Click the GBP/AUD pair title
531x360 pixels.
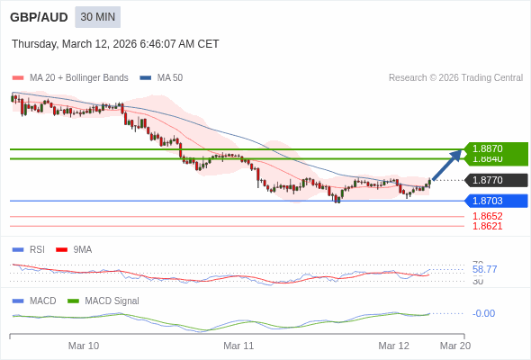[37, 17]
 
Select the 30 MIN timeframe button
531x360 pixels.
[97, 17]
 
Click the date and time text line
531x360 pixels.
[115, 44]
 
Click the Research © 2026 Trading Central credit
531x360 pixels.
[455, 78]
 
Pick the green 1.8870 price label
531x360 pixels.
[495, 148]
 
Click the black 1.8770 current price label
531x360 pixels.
[495, 180]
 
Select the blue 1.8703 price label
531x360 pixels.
[495, 201]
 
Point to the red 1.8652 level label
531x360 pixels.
[487, 216]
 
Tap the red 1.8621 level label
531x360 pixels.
[487, 226]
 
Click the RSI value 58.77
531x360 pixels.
[484, 269]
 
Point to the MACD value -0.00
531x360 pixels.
[483, 313]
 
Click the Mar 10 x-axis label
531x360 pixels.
[84, 346]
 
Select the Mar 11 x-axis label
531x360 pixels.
[238, 346]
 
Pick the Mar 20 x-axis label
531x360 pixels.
[454, 346]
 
